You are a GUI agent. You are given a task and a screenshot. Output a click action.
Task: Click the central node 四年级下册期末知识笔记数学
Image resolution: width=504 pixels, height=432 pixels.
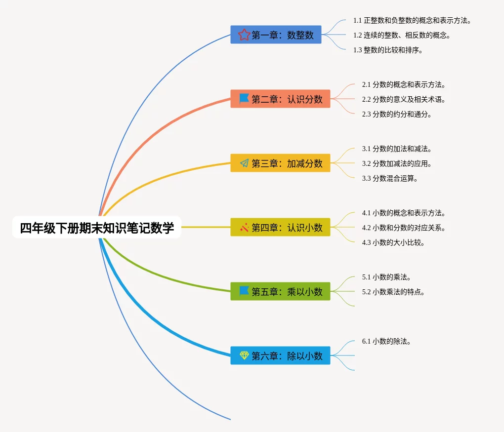pos(97,228)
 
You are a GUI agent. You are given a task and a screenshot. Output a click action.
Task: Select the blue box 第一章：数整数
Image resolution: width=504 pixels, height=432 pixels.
pos(276,35)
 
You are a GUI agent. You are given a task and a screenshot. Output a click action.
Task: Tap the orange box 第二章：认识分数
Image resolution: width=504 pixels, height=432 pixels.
pos(280,99)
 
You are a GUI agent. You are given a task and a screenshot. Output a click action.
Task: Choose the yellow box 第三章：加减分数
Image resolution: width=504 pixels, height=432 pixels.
pos(280,163)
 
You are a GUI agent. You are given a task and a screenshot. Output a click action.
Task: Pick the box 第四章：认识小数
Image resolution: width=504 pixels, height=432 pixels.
pos(280,227)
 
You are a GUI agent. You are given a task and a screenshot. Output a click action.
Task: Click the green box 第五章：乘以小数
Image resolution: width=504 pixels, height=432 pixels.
pos(280,291)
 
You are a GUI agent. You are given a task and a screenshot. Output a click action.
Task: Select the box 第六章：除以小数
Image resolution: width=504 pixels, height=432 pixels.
pos(280,355)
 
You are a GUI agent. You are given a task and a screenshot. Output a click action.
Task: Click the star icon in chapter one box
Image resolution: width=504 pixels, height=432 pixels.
pos(244,35)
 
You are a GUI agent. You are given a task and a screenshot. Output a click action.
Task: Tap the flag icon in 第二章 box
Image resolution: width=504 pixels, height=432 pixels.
pos(244,99)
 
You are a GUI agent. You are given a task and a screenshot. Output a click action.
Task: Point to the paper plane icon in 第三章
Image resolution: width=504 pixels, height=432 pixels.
pos(244,163)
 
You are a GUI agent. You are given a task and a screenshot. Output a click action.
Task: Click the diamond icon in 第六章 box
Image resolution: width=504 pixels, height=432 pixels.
pos(244,355)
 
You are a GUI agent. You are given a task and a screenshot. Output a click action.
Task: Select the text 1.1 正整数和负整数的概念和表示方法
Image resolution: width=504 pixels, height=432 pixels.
pos(412,21)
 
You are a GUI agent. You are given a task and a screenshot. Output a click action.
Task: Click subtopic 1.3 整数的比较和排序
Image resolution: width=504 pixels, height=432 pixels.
pos(388,50)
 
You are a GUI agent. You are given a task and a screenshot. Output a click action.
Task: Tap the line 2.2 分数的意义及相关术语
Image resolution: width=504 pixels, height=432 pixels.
pos(404,99)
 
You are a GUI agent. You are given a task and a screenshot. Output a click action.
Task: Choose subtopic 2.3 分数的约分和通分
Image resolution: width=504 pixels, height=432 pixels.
pos(397,114)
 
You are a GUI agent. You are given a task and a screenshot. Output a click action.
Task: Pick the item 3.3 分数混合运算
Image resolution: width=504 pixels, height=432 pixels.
pos(390,178)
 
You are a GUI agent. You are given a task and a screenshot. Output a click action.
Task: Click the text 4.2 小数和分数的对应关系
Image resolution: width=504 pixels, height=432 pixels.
pos(404,228)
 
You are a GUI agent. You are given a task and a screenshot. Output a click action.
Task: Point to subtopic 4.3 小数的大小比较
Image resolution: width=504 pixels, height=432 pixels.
pos(393,242)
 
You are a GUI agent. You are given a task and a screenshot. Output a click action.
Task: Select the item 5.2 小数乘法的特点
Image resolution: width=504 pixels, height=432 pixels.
pos(393,292)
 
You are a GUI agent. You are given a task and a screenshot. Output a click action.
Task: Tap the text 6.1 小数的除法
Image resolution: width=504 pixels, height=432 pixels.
pos(386,341)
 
